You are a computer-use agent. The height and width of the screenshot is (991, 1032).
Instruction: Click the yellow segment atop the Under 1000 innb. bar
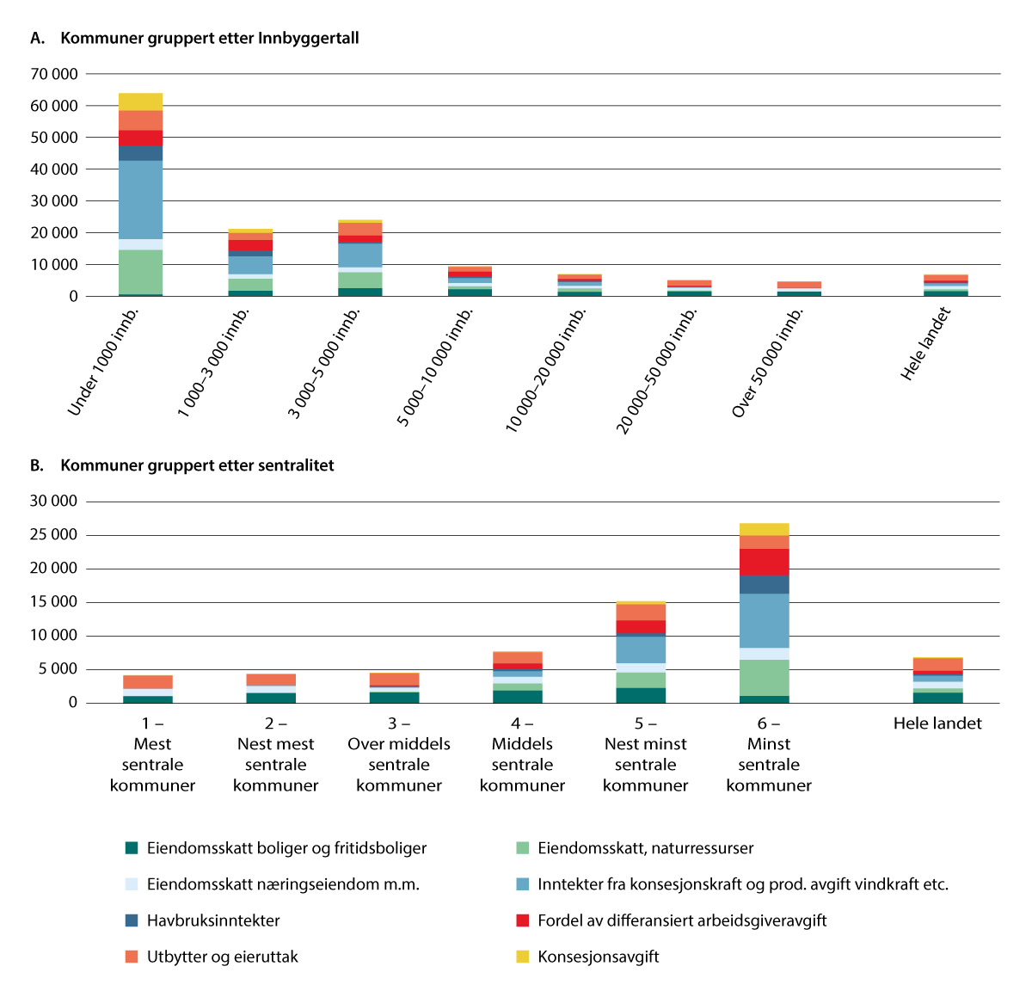point(140,102)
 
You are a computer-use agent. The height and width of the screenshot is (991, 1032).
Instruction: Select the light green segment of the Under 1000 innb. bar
point(140,272)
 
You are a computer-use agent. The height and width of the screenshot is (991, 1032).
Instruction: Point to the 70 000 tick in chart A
point(54,74)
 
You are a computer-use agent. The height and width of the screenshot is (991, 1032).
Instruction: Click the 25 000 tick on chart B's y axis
point(53,535)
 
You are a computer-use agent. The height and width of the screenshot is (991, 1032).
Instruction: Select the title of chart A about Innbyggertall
point(209,38)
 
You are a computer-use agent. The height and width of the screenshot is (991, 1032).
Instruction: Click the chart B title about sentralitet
point(197,465)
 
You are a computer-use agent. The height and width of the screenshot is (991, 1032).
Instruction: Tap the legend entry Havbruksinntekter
point(213,920)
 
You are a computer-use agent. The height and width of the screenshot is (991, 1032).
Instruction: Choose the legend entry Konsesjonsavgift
point(598,957)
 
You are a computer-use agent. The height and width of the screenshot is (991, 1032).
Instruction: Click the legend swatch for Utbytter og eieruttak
point(132,957)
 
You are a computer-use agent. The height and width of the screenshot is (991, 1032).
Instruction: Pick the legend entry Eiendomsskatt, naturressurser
point(645,848)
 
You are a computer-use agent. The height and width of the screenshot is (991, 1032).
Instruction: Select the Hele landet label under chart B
point(937,723)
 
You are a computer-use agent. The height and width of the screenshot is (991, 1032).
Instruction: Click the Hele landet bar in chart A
point(945,286)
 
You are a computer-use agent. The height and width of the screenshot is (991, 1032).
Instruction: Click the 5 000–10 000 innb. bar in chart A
point(470,281)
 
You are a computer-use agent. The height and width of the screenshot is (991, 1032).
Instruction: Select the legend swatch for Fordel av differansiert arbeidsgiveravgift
point(522,920)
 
